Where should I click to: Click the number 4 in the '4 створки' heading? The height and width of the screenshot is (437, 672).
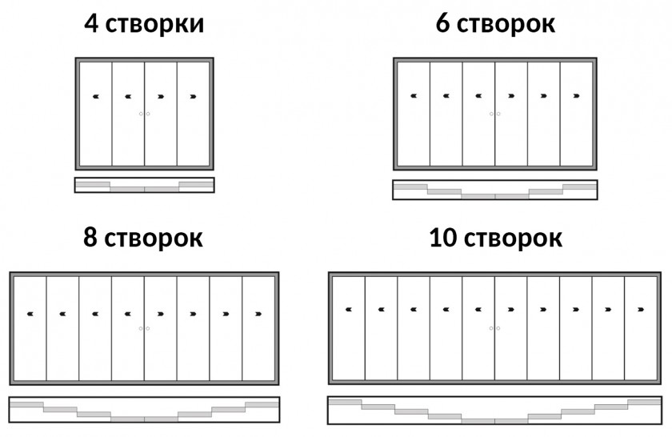tap(91, 23)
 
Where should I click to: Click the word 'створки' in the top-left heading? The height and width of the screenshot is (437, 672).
tap(154, 25)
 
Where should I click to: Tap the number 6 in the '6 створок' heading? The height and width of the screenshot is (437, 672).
tap(442, 23)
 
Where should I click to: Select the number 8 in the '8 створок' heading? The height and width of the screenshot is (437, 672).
tap(90, 237)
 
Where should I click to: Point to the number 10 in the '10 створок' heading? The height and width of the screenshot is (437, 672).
tap(443, 237)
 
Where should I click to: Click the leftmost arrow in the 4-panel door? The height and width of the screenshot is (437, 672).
tap(95, 97)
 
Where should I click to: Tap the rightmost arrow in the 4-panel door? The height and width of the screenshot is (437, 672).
tap(194, 97)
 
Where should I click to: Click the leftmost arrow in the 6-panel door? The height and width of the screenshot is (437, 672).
tap(414, 95)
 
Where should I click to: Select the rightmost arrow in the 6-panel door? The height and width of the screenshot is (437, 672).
tap(577, 95)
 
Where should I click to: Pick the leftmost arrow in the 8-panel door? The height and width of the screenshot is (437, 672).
tap(30, 314)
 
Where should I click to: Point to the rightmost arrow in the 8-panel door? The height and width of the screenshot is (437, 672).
tap(258, 314)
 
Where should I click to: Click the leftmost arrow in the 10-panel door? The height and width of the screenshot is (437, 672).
tap(349, 309)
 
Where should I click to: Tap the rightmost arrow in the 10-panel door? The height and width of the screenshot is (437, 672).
tap(641, 309)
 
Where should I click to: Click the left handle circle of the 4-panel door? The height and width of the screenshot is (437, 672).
tap(141, 114)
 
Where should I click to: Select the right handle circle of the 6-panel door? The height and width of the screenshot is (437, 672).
tap(498, 114)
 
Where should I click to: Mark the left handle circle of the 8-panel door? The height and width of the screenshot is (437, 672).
tap(141, 328)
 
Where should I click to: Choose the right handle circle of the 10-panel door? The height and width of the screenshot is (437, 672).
tap(498, 328)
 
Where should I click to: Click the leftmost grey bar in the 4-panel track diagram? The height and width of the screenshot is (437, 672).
tap(93, 184)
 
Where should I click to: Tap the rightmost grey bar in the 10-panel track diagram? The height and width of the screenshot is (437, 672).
tap(644, 402)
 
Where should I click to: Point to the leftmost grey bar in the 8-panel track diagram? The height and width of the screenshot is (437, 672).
tap(26, 404)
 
